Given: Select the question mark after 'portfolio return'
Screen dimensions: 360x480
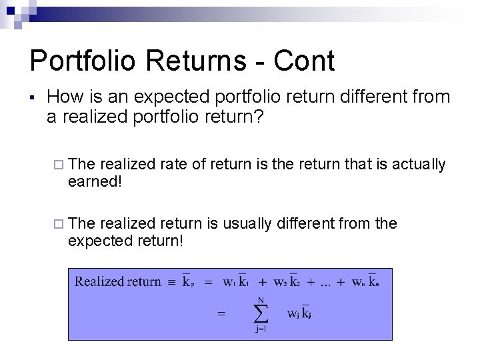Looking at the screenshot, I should tap(259, 117).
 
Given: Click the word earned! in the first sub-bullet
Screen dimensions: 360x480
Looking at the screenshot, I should tap(95, 181).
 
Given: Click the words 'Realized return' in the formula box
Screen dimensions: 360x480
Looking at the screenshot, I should tap(118, 281).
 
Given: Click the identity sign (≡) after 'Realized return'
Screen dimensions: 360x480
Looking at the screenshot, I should tap(171, 281).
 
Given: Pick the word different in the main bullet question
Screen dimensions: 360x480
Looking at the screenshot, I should tap(366, 97).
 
